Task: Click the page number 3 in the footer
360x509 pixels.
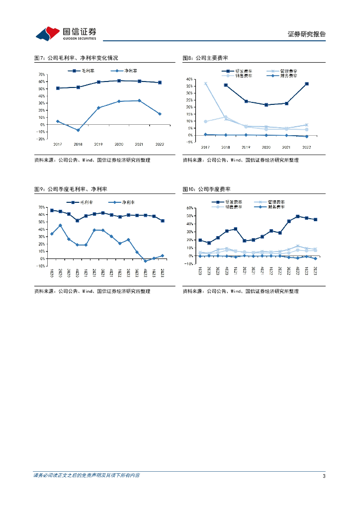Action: click(324, 476)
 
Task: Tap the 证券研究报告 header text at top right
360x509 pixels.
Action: click(306, 34)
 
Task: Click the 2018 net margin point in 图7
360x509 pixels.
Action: click(78, 130)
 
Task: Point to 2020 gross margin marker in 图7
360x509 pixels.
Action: click(119, 81)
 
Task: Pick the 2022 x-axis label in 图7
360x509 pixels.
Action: click(160, 144)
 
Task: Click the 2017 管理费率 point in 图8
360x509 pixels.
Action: click(205, 84)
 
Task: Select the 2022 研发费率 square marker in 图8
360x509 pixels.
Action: click(307, 84)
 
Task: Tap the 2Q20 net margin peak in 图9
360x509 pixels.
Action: click(60, 225)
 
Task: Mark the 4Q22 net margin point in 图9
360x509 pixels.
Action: click(145, 260)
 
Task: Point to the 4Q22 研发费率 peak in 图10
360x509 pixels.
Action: click(297, 216)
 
